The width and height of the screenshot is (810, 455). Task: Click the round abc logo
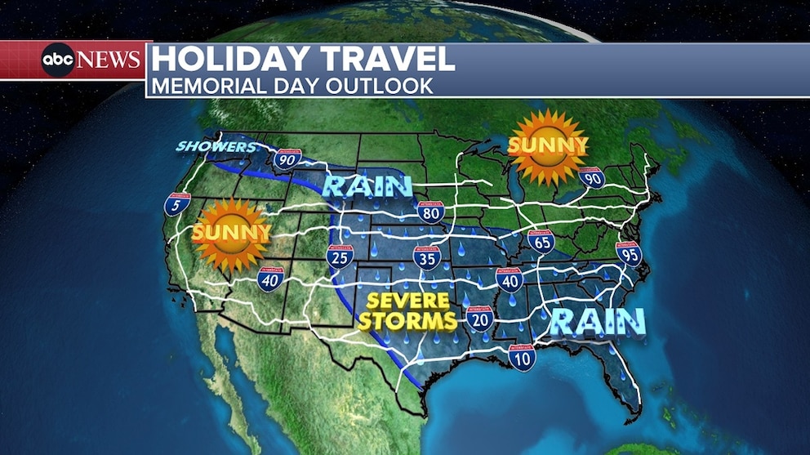(x=58, y=60)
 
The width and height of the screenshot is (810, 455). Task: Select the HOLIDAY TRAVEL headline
(x=303, y=59)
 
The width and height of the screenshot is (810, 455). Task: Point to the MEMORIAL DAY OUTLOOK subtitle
(x=293, y=85)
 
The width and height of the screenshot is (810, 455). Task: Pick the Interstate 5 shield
(x=176, y=204)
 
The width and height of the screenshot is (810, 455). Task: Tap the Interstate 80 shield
(x=430, y=213)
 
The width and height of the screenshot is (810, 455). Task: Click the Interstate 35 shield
(x=426, y=259)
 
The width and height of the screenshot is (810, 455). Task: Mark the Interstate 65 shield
(x=541, y=241)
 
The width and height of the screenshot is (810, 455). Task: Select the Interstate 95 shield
(x=629, y=254)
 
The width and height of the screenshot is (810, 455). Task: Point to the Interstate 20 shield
(x=481, y=318)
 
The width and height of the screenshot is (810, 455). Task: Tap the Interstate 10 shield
(x=522, y=357)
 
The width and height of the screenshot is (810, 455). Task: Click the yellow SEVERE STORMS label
(x=406, y=311)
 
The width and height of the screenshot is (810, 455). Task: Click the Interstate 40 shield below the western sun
(x=270, y=279)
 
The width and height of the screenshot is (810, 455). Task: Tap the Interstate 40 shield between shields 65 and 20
(x=509, y=280)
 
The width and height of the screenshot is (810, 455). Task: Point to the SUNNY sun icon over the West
(x=230, y=234)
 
